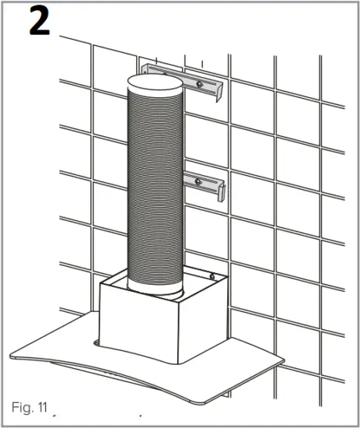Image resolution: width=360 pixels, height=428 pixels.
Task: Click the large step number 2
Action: click(x=30, y=22)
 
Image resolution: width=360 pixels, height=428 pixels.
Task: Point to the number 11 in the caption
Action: click(x=41, y=407)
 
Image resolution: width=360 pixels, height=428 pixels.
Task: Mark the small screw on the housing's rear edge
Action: click(x=211, y=274)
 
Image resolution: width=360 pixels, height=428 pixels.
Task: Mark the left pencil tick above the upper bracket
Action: click(x=156, y=59)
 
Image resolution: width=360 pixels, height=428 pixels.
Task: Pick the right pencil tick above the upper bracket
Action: click(x=202, y=61)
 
